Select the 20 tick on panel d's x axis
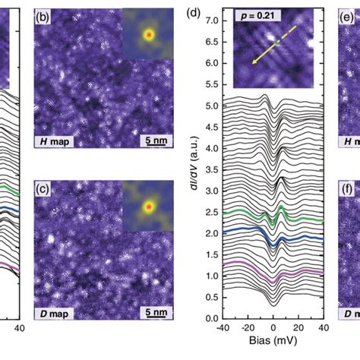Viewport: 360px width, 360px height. [297, 328]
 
